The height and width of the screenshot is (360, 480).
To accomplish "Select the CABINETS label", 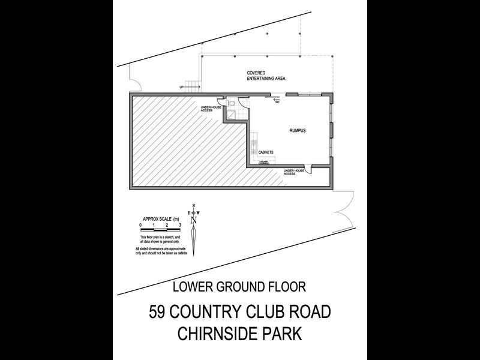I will pos(266,152).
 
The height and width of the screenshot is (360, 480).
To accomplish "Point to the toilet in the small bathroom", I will pos(230,103).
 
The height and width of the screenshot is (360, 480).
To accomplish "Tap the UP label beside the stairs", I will pos(182,88).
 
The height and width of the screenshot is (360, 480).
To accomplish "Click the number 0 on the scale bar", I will pos(140,225).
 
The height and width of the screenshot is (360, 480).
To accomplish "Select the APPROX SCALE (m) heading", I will pos(160,219).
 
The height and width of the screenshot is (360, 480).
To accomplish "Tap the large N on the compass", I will pos(193,220).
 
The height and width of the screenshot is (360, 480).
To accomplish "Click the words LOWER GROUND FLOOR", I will pos(239,287).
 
